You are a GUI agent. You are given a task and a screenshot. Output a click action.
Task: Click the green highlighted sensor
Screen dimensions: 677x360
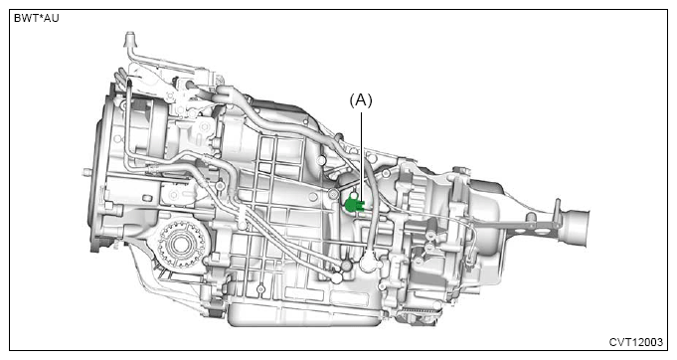[355, 203]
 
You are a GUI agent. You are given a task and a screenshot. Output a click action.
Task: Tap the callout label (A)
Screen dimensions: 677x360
[361, 100]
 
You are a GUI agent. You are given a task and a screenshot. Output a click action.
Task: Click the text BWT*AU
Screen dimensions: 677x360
[36, 18]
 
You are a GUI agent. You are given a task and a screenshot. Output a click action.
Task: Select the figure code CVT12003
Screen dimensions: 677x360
[635, 342]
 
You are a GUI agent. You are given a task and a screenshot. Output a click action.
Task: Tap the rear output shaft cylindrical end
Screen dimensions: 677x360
[576, 227]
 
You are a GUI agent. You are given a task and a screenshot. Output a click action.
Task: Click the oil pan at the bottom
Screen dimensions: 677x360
[302, 314]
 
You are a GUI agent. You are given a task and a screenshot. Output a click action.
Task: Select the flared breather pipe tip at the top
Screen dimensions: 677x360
[129, 38]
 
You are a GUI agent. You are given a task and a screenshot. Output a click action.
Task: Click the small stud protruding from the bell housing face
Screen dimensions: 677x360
[86, 172]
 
